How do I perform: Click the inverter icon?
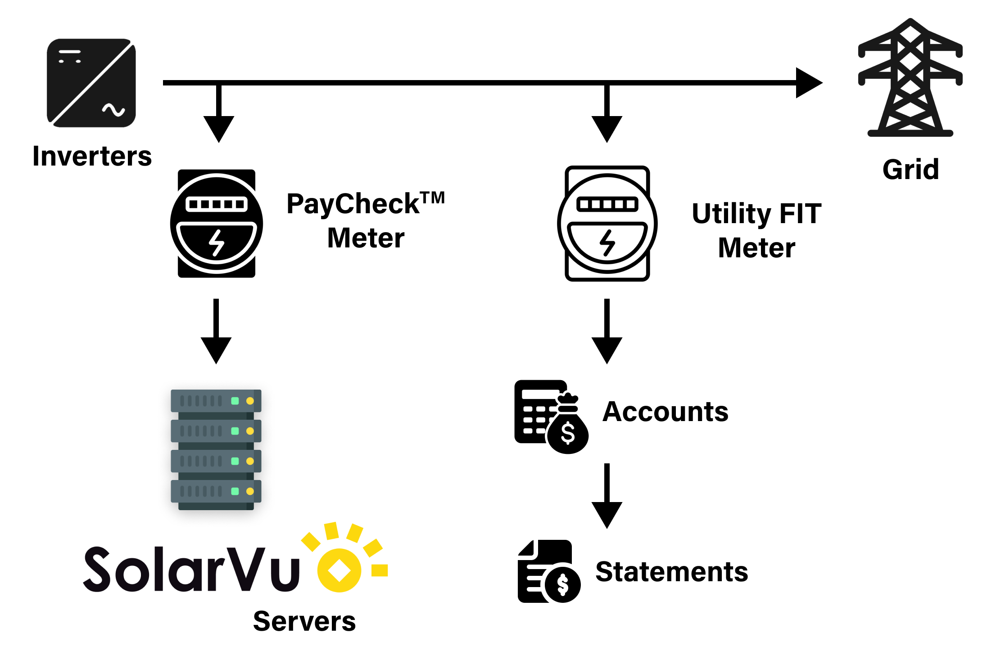(x=91, y=83)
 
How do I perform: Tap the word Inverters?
(x=92, y=157)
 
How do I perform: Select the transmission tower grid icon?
(x=910, y=79)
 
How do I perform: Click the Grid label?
(x=910, y=170)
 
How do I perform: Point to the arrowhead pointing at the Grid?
(x=809, y=83)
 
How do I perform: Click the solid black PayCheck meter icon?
(x=217, y=224)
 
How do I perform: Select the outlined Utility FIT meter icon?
(x=607, y=224)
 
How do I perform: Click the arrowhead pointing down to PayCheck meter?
(x=219, y=128)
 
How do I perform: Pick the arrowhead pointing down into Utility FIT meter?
(x=607, y=128)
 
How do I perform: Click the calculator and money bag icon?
(x=551, y=417)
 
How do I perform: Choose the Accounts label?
(x=665, y=412)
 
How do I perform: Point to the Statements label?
(x=671, y=572)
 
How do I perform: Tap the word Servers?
(x=304, y=622)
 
